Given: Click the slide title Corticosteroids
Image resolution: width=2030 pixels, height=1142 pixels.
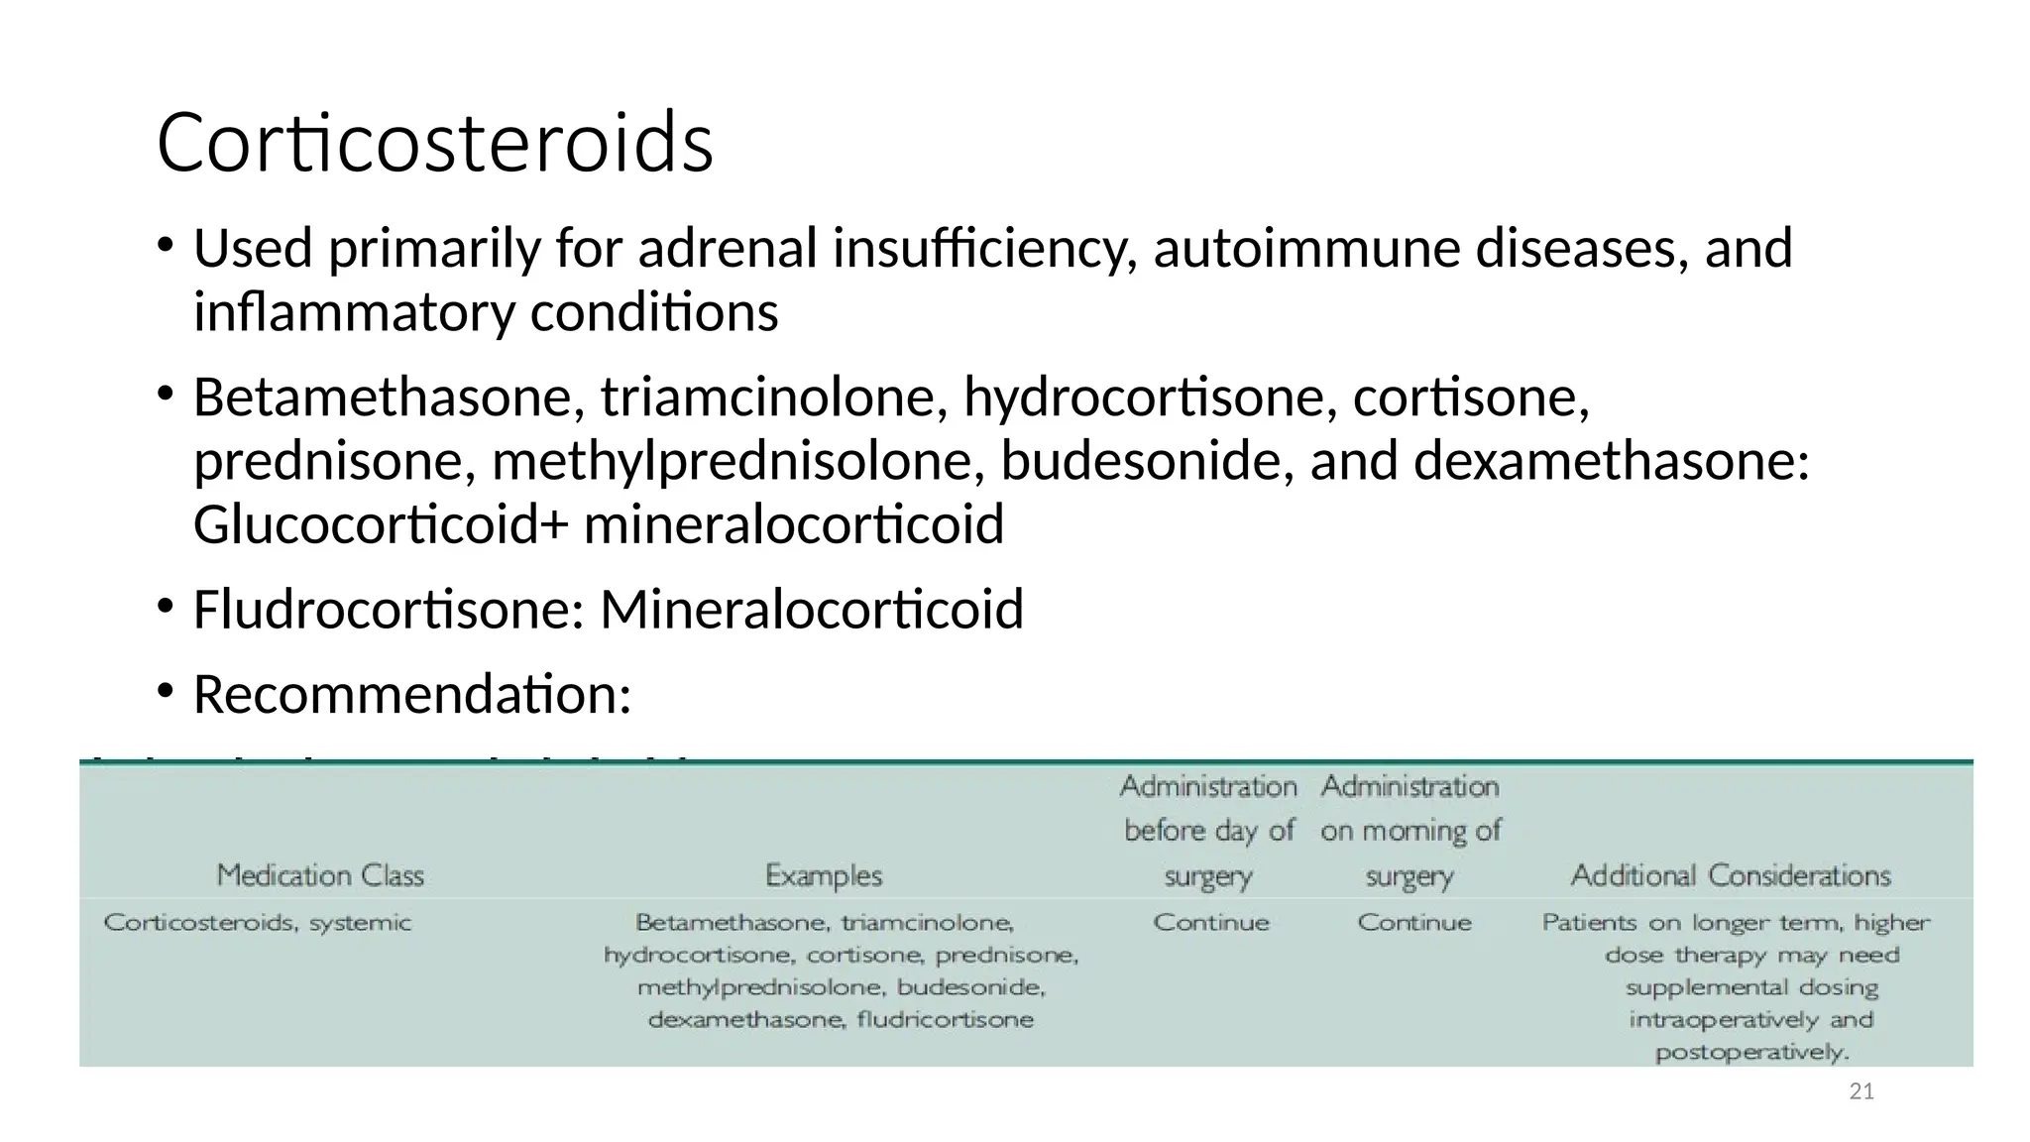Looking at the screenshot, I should pyautogui.click(x=434, y=143).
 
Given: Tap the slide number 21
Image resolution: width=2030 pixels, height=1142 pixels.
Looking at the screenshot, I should pyautogui.click(x=1861, y=1091).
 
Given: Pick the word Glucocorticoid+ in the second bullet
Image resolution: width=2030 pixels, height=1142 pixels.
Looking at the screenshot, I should pyautogui.click(x=381, y=524).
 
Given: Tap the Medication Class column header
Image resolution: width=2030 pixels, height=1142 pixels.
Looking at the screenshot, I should pyautogui.click(x=320, y=875).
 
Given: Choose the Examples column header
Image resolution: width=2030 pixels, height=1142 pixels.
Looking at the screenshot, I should pyautogui.click(x=823, y=875).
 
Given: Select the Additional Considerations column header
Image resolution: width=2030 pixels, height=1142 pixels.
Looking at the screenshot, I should pyautogui.click(x=1731, y=875).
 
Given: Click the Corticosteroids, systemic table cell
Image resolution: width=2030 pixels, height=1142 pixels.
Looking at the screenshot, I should pyautogui.click(x=257, y=923).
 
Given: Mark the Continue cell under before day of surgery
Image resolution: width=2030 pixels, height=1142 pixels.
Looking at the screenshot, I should pyautogui.click(x=1210, y=923).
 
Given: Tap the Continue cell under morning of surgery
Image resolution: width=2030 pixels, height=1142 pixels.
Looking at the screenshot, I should pyautogui.click(x=1413, y=923).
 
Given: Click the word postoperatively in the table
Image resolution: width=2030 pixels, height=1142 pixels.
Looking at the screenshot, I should pyautogui.click(x=1751, y=1052).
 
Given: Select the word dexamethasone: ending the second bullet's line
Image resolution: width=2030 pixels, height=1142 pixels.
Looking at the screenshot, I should pyautogui.click(x=1611, y=461).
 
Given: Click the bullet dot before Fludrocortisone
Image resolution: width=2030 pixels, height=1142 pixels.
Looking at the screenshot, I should pyautogui.click(x=165, y=605).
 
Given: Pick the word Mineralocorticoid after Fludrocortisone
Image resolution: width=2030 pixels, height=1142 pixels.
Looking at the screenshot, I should pyautogui.click(x=811, y=609).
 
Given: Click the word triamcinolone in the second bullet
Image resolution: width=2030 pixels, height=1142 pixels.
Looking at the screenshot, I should pyautogui.click(x=767, y=398).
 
